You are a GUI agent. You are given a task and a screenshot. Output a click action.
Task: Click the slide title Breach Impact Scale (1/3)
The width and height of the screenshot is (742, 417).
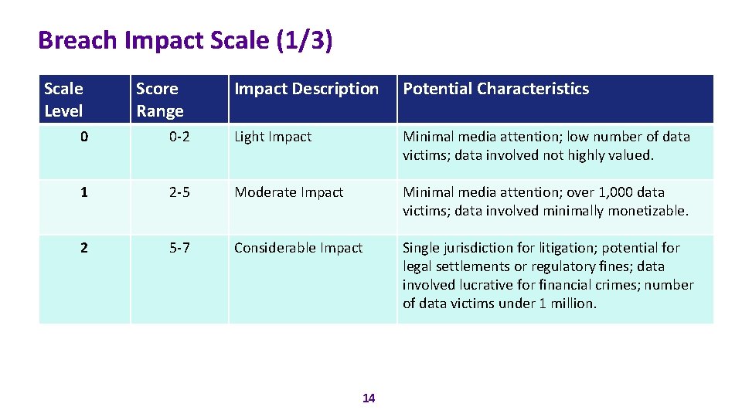185,39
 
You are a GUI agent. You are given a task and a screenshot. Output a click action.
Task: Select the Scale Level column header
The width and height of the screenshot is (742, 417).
63,100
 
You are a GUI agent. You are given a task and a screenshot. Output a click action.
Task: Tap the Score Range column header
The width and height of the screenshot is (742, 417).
160,100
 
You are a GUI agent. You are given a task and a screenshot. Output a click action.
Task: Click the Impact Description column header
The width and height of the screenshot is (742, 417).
306,89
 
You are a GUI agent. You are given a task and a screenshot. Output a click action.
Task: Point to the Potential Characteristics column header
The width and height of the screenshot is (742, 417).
495,89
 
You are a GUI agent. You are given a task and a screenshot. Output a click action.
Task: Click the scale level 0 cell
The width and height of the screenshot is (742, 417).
84,137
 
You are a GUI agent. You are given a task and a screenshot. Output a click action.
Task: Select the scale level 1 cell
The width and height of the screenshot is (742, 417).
84,192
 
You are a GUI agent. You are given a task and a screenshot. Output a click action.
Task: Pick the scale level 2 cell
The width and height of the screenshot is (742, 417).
84,248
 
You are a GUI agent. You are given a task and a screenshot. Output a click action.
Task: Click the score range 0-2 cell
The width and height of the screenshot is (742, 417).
179,137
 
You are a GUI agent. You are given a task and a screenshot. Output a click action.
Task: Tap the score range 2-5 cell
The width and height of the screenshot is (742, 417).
179,192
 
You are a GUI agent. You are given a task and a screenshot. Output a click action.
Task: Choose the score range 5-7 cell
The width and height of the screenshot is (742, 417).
179,248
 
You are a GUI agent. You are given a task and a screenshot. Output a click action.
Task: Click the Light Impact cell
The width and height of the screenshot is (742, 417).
273,137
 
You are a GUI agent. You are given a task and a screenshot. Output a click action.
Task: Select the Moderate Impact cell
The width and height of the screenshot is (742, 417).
288,192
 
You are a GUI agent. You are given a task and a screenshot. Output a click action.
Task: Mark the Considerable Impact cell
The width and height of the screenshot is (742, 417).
298,248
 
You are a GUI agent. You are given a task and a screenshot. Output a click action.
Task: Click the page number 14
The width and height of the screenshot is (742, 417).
369,398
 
